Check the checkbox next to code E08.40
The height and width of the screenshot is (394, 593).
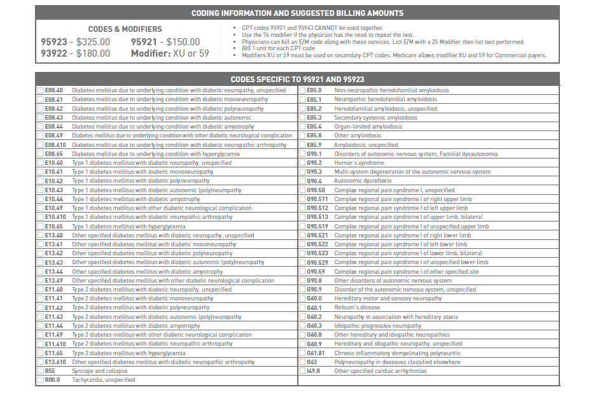pos(41,90)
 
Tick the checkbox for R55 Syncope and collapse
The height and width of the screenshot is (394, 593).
pos(41,371)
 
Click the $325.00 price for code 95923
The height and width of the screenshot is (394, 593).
pos(93,42)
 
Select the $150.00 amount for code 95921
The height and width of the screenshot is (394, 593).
pos(183,42)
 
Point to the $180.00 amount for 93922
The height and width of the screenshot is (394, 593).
pos(93,53)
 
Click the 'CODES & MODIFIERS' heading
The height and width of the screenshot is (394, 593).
pos(125,29)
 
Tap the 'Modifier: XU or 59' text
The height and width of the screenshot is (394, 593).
pos(170,53)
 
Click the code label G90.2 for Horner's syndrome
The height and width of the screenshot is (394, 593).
pos(314,163)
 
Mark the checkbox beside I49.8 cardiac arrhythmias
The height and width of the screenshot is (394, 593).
pos(302,371)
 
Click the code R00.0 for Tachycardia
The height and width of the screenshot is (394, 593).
pos(52,380)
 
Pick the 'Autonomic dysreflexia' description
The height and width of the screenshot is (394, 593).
pos(363,181)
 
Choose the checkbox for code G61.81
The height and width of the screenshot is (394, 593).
pos(302,353)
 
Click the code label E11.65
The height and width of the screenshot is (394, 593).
pos(54,353)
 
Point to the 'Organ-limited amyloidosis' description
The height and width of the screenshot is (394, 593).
pos(368,127)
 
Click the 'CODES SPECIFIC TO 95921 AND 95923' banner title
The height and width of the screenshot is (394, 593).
pos(297,80)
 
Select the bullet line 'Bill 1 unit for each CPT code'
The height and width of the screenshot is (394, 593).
pos(278,48)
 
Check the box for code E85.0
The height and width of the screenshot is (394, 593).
pos(302,90)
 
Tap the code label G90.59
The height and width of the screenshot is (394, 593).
pos(316,272)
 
